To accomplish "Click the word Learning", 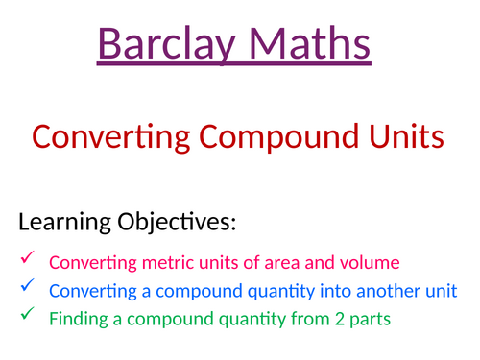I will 60,224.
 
